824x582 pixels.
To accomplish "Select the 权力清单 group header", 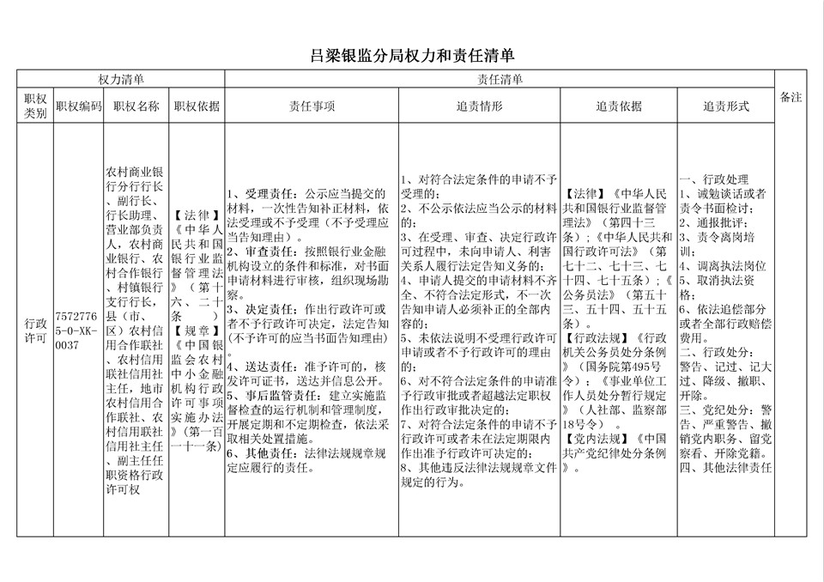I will [x=121, y=79].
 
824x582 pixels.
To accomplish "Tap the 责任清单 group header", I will [x=500, y=79].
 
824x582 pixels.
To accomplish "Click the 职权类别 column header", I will [x=35, y=106].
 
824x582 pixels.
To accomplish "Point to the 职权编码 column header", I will [x=78, y=106].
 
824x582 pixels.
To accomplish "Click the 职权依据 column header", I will [x=197, y=106].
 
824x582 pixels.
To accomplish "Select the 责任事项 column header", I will [x=311, y=106].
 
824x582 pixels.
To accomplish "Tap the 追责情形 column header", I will [x=478, y=106].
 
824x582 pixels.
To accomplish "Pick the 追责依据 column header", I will [x=618, y=106].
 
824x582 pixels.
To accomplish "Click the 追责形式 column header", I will [x=726, y=106].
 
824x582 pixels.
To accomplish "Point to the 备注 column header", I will [x=791, y=97].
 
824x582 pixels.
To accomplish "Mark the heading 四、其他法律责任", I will [x=726, y=468].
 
